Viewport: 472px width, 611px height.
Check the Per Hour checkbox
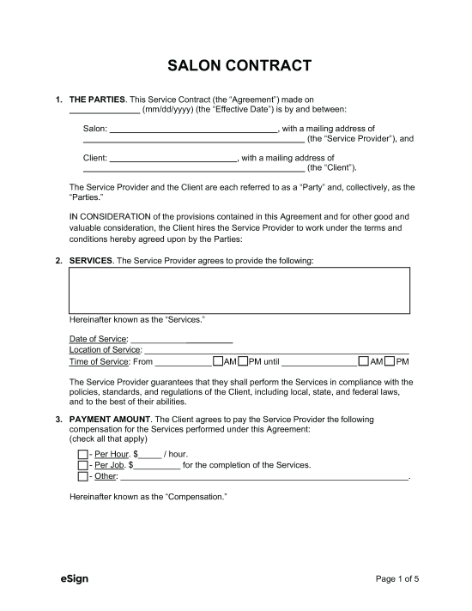(x=82, y=454)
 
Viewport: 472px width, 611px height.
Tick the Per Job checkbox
(x=82, y=465)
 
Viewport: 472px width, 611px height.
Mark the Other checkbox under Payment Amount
(x=82, y=476)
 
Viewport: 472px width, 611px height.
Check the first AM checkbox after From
(x=217, y=361)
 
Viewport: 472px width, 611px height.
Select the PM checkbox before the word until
(x=243, y=361)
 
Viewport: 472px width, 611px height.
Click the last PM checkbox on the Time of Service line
(x=390, y=361)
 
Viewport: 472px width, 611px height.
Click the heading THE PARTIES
(x=97, y=100)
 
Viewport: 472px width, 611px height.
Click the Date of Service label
(x=98, y=339)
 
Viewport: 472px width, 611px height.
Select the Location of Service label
(x=105, y=350)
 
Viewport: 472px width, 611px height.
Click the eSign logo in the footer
(x=75, y=578)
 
